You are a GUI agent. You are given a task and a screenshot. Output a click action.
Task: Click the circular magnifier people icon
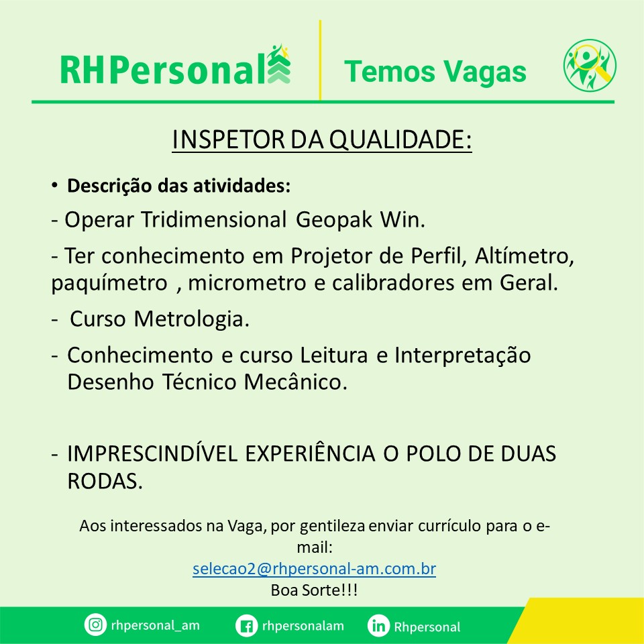click(590, 65)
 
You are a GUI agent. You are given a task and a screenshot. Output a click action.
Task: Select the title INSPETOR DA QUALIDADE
click(321, 140)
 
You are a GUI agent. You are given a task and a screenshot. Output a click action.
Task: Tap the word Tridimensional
click(214, 219)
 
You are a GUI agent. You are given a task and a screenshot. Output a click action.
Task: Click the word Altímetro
click(525, 256)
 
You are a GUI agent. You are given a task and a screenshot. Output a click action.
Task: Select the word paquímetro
click(109, 284)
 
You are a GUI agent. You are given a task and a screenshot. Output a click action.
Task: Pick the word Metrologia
click(191, 319)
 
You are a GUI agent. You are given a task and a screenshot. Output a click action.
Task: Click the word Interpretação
click(462, 356)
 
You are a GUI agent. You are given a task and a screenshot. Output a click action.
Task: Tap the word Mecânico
click(296, 382)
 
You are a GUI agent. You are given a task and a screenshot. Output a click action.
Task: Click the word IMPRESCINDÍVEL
click(152, 454)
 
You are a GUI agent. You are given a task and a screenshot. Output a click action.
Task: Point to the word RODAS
click(105, 481)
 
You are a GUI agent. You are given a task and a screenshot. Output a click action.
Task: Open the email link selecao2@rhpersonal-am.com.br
click(314, 569)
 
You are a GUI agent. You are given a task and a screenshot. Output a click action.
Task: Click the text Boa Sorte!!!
click(314, 590)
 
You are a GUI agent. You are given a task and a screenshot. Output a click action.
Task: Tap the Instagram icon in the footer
click(95, 625)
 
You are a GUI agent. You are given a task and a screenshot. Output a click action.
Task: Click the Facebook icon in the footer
click(246, 626)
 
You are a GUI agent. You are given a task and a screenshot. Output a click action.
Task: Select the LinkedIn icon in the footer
click(378, 626)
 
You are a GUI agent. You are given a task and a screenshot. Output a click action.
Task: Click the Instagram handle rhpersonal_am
click(155, 625)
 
